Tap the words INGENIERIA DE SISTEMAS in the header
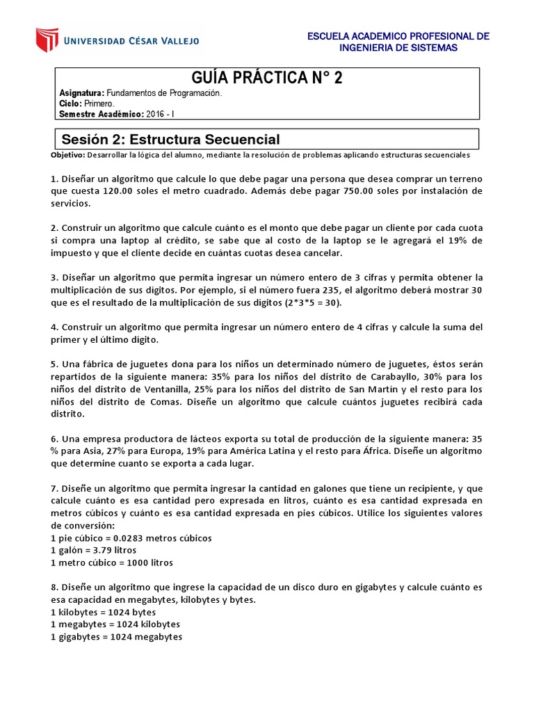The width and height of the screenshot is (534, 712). pos(398,48)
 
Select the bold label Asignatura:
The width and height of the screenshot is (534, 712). pos(82,93)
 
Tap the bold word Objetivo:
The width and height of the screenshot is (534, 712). pos(67,154)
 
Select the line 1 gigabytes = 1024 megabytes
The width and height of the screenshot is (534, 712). pos(117,636)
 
